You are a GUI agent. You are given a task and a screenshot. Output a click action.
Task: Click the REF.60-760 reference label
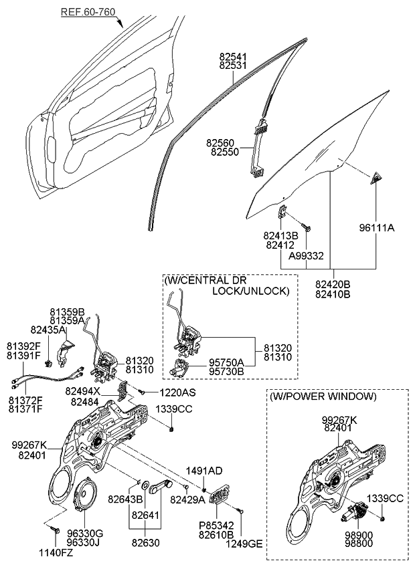tap(88, 11)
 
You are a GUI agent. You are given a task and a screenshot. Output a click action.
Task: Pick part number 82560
tap(221, 143)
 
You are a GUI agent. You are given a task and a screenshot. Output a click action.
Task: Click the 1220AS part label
tap(177, 392)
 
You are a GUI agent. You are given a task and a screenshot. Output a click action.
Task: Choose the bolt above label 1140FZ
tap(53, 531)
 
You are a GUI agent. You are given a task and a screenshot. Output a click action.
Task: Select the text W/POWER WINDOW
tap(323, 396)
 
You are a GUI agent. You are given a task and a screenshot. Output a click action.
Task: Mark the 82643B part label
tap(125, 499)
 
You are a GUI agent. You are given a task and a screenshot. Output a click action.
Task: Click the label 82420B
tap(333, 284)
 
